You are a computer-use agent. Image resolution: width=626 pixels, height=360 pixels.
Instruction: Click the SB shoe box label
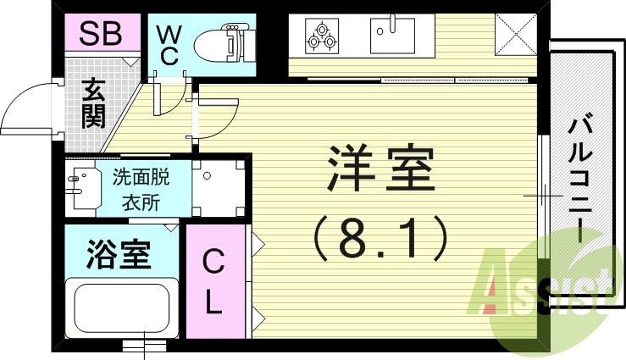(x=101, y=34)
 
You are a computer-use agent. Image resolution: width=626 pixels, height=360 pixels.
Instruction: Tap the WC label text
(x=169, y=44)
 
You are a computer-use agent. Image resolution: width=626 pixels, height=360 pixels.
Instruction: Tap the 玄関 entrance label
(x=92, y=103)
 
